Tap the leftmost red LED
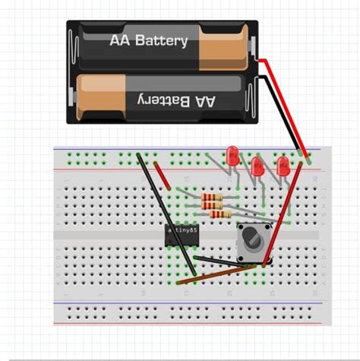point(232,154)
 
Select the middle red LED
point(258,166)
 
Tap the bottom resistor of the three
point(221,215)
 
